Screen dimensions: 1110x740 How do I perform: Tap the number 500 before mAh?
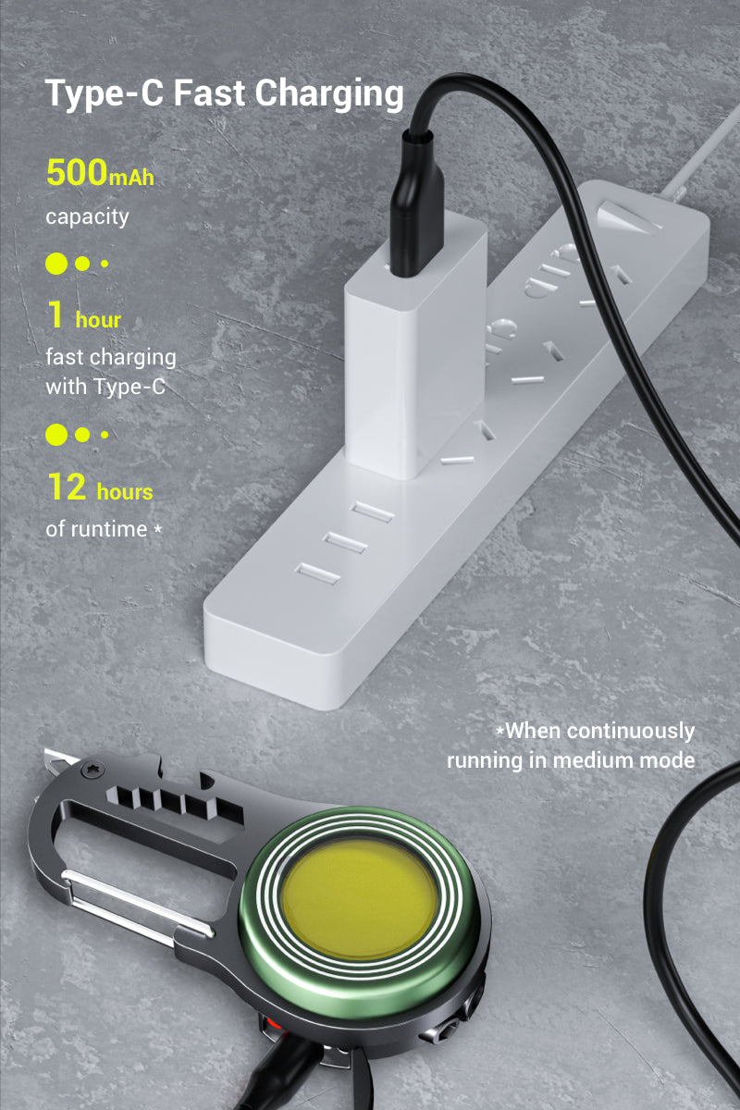(x=76, y=173)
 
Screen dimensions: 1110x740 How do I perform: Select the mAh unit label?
(x=131, y=178)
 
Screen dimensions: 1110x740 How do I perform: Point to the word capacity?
(x=87, y=217)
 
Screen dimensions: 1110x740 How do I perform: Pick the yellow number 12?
(x=66, y=487)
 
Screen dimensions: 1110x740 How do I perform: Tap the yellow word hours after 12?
(x=124, y=491)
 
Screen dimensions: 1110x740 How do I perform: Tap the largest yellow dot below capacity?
(x=56, y=264)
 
